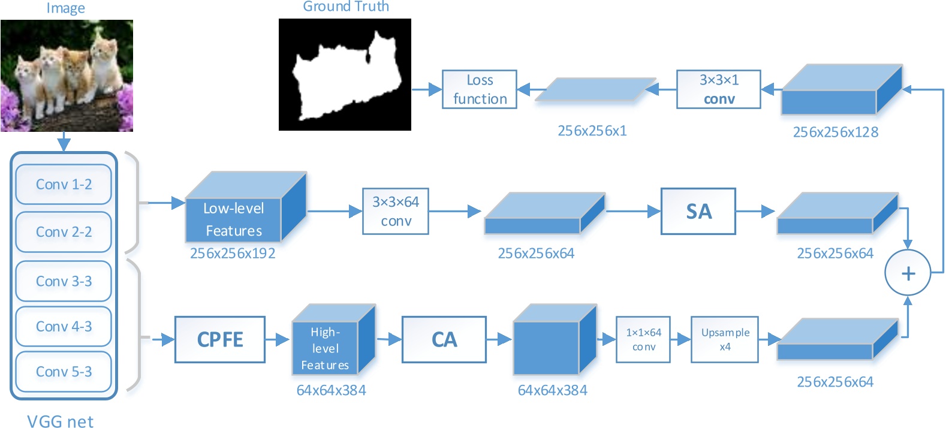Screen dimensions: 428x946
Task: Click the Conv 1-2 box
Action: pos(64,185)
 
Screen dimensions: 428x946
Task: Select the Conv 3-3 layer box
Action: pos(64,281)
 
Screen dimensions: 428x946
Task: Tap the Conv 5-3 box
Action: pos(64,372)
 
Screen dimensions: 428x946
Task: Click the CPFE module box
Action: pos(220,339)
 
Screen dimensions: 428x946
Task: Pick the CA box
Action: pos(444,339)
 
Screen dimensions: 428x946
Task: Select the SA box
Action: pos(698,211)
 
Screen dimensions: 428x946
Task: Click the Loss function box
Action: pos(480,89)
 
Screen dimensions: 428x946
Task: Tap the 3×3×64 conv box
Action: pos(396,211)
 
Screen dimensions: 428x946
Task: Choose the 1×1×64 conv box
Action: pos(643,339)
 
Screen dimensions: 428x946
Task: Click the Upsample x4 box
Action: pos(725,339)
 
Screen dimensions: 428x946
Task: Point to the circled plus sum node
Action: pos(908,273)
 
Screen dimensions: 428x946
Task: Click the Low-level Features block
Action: pos(234,219)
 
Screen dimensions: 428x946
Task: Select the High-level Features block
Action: pos(325,348)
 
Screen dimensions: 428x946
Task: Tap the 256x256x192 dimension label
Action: pos(233,254)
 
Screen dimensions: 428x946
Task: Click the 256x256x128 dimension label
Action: pos(835,132)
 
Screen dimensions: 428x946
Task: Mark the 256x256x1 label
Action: pos(592,131)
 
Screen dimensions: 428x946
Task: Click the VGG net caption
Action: pos(60,421)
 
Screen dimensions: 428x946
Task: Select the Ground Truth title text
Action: pos(346,7)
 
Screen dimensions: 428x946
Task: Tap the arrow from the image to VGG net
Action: pos(64,142)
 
